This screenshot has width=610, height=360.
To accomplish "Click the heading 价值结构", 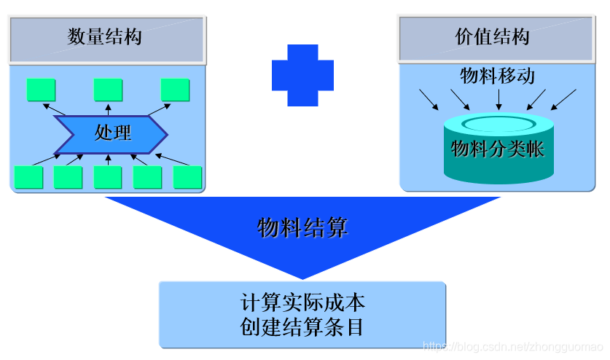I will (x=493, y=36).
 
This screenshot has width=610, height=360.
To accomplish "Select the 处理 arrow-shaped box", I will (x=112, y=133).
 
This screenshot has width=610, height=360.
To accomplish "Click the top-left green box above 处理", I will (x=41, y=89).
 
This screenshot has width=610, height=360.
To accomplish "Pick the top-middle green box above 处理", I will (x=108, y=89).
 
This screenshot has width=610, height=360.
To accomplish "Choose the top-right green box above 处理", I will (x=175, y=89).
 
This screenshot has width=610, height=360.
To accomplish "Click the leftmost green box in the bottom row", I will (x=28, y=177).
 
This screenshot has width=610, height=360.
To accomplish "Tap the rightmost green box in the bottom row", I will (x=187, y=177).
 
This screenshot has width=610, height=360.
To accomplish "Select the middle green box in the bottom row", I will (x=108, y=177).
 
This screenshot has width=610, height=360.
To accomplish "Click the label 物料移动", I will (x=498, y=75).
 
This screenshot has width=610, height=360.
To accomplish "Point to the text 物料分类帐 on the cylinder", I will (x=498, y=150).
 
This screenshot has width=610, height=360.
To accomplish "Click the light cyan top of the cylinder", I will (x=498, y=122).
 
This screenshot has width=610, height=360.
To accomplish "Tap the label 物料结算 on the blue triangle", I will (x=302, y=228).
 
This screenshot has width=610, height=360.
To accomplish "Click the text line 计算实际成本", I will (x=302, y=302).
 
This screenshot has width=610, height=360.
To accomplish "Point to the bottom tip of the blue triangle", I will (x=302, y=277).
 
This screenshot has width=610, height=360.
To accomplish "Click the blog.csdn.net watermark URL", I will (x=513, y=346).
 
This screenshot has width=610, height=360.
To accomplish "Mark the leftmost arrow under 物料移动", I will (x=429, y=100).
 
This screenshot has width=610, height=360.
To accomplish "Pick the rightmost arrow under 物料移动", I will (x=566, y=100).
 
